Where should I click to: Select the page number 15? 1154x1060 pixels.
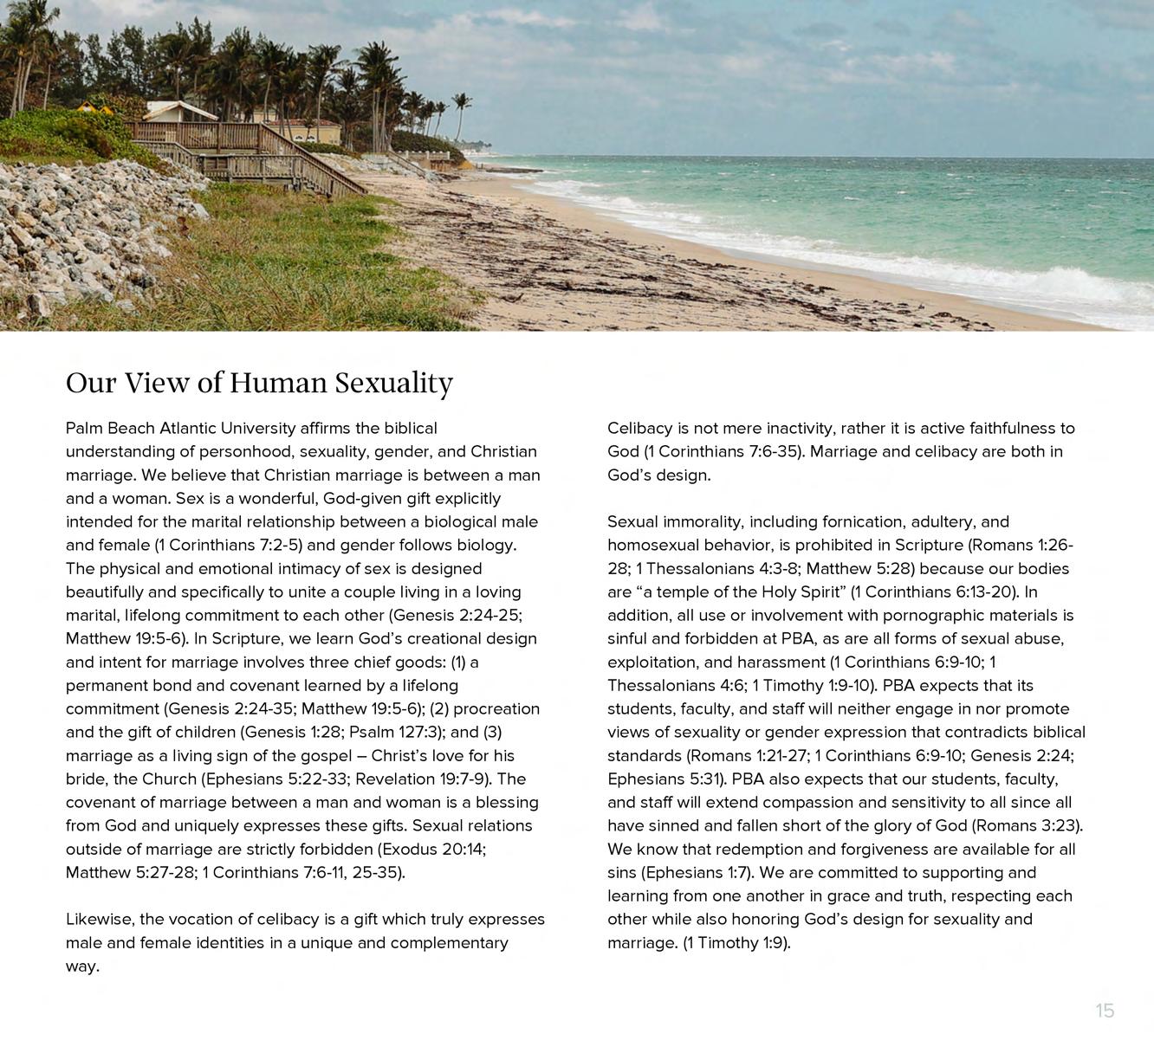(x=1105, y=1011)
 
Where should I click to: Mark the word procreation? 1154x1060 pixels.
(x=496, y=708)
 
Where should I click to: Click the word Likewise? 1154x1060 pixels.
(x=98, y=919)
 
